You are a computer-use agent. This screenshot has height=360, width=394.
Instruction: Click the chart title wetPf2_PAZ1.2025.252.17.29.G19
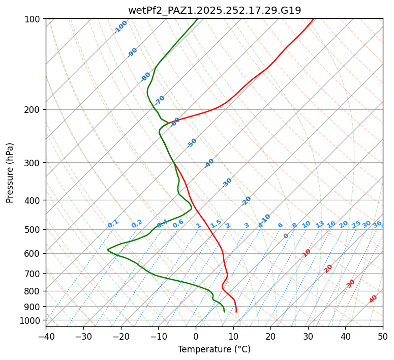[x=214, y=10]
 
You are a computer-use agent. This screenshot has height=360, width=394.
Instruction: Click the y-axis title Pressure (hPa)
[x=10, y=172]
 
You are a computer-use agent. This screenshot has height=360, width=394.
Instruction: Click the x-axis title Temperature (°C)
[x=214, y=350]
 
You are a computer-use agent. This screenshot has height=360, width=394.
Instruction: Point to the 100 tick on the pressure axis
[x=34, y=19]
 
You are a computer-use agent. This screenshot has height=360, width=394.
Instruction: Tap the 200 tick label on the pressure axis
[x=34, y=110]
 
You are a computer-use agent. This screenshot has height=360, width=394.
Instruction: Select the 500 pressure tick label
[x=34, y=230]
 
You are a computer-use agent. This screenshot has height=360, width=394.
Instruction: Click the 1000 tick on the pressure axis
[x=32, y=321]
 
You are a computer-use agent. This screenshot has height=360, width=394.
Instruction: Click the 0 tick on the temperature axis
[x=196, y=336]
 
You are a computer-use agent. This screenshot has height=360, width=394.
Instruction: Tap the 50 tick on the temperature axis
[x=383, y=336]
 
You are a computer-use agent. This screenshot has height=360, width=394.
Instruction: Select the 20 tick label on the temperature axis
[x=270, y=336]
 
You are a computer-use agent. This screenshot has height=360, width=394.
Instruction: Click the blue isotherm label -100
[x=120, y=27]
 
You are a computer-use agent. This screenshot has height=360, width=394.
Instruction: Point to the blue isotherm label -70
[x=160, y=100]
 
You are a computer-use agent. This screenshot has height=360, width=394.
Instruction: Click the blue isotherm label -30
[x=227, y=183]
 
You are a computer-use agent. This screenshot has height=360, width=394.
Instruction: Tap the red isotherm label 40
[x=373, y=299]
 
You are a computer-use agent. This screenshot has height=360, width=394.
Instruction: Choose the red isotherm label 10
[x=307, y=253]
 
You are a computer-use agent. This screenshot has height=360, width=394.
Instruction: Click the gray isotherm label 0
[x=286, y=236]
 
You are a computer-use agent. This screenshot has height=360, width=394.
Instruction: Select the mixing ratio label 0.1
[x=113, y=224]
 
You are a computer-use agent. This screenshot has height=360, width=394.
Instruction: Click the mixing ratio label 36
[x=377, y=224]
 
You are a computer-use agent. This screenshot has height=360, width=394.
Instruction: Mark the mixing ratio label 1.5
[x=216, y=224]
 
